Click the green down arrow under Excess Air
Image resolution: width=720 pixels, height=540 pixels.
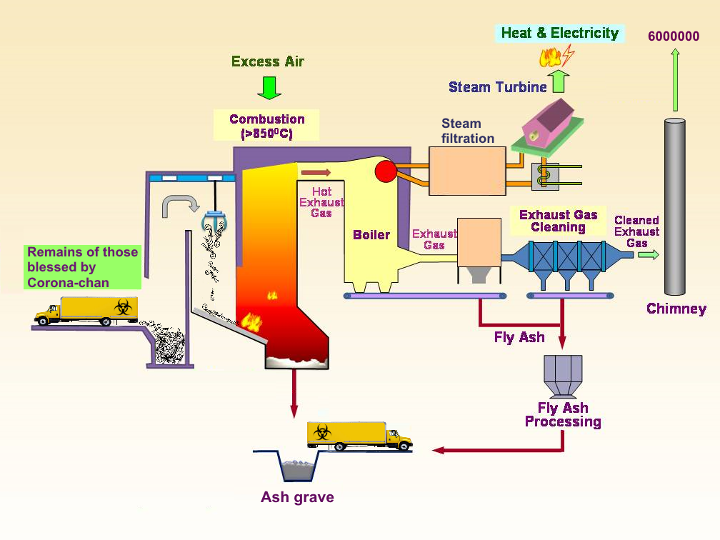click(269, 88)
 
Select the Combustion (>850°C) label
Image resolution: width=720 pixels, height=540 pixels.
click(267, 126)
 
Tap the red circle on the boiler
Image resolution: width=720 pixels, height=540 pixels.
click(385, 171)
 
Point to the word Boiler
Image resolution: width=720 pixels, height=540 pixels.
click(371, 234)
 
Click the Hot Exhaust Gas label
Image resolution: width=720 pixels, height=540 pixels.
click(321, 202)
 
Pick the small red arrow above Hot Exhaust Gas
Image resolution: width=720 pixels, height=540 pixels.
click(316, 173)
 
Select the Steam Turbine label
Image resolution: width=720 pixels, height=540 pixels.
click(497, 87)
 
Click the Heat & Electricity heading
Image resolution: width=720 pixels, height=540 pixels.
click(560, 33)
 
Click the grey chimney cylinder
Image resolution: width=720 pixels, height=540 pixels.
click(674, 206)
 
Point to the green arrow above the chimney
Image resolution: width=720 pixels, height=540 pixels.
click(675, 80)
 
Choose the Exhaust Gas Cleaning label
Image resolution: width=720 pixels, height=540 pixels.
click(558, 221)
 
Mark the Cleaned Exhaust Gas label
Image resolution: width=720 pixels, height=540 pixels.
click(636, 231)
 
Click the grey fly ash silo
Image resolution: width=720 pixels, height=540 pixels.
click(563, 376)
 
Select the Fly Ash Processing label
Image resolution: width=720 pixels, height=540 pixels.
click(563, 414)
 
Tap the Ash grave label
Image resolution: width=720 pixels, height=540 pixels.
click(297, 497)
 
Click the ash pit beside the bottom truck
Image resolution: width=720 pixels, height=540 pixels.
click(298, 466)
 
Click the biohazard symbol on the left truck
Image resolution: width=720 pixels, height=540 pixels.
click(123, 306)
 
